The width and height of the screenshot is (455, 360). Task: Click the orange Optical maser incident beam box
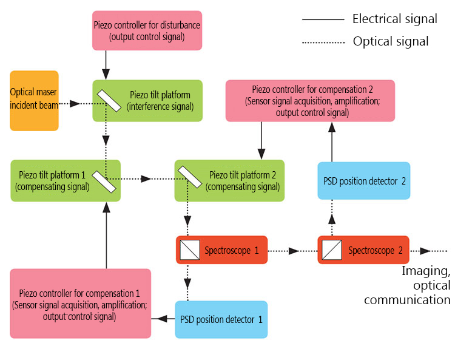tap(34, 101)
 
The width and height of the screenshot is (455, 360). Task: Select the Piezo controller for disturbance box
tap(147, 30)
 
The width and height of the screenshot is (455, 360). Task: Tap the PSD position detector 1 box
tap(221, 319)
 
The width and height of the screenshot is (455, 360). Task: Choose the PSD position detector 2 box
tap(364, 180)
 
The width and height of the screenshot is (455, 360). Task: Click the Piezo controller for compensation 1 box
tap(80, 304)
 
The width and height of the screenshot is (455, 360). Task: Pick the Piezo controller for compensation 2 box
tap(310, 101)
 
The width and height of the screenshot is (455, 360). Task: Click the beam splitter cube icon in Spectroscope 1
tap(190, 250)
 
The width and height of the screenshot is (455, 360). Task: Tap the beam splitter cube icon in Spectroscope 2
tap(332, 250)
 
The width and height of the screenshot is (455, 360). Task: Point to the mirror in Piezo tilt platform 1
tap(104, 182)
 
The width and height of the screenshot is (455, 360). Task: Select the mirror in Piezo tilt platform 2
tap(190, 177)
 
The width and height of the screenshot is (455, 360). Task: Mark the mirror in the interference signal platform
tap(109, 101)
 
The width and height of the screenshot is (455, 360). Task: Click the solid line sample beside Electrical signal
tap(323, 19)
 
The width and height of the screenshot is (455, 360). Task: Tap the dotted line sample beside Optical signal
tap(323, 42)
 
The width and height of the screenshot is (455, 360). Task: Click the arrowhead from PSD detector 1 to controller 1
tap(161, 319)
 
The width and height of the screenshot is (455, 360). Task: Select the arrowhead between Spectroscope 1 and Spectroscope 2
tap(294, 251)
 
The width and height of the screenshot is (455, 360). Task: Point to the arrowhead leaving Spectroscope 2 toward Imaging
tap(425, 251)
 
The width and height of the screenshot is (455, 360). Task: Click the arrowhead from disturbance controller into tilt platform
tap(106, 74)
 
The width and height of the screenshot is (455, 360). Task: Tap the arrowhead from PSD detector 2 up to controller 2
tap(332, 127)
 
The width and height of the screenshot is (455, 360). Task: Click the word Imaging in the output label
tap(426, 271)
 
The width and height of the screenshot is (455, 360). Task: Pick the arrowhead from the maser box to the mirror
tap(75, 104)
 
